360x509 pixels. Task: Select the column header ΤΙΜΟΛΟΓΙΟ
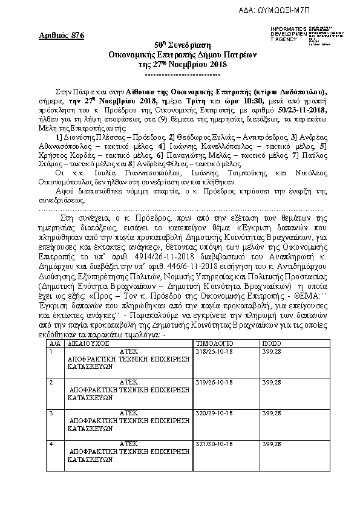point(213,343)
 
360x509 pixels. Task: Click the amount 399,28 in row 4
point(270,444)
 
